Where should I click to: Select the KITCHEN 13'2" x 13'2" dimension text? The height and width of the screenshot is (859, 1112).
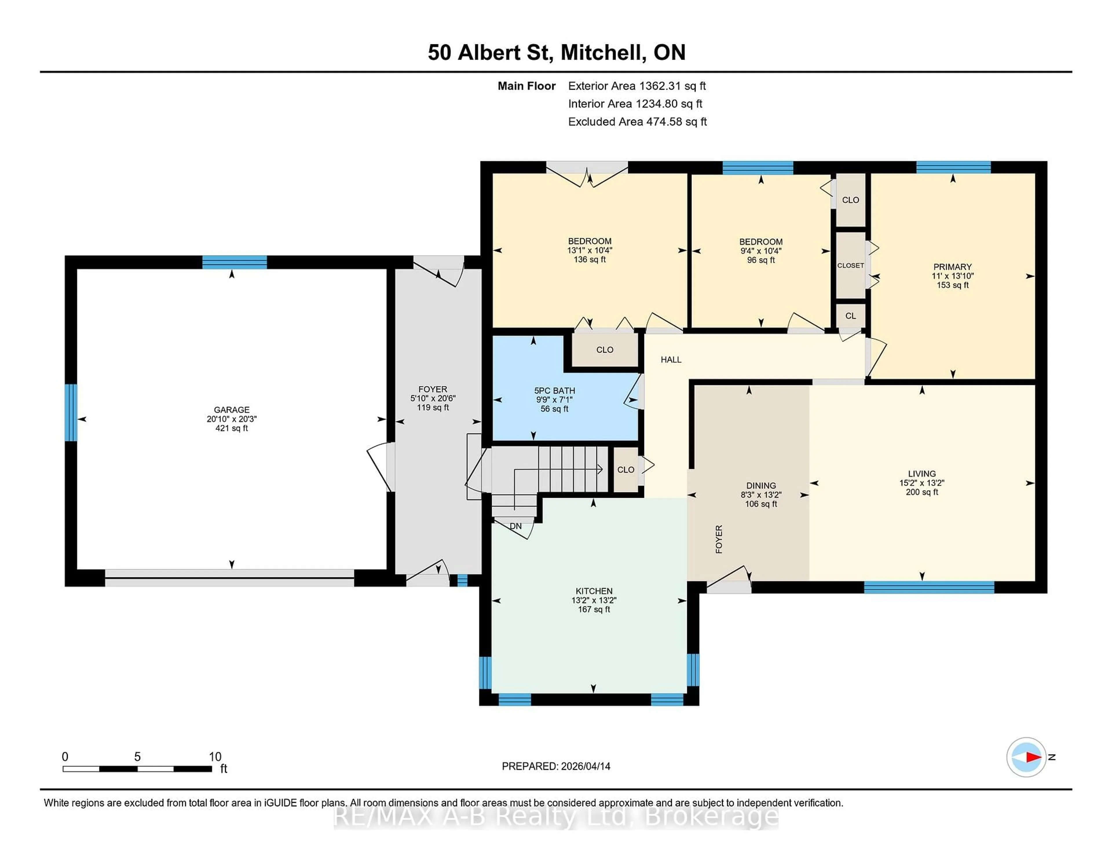coord(594,601)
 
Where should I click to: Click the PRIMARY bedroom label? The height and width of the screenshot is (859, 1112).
coord(952,267)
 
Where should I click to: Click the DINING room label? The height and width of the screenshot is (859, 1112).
coord(761,485)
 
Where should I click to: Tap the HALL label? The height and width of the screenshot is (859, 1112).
coord(671,360)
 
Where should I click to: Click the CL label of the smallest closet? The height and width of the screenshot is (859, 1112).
coord(850,316)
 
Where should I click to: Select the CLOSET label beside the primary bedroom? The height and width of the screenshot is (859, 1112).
coord(850,266)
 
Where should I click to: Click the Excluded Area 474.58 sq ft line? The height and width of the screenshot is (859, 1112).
coord(637,122)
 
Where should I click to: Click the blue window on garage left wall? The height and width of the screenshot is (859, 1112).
coord(71,412)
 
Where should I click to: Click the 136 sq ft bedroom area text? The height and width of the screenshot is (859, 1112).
coord(590,260)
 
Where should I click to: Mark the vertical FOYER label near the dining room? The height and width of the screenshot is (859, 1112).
coord(718,539)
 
